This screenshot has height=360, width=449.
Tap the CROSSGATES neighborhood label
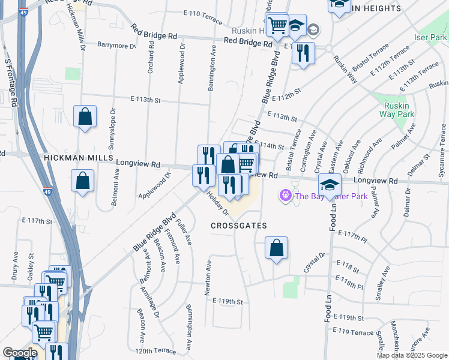coord(238,226)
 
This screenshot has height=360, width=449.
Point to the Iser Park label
coord(430,37)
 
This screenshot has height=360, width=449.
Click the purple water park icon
coord(285,195)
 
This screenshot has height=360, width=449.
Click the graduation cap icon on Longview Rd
coord(330,184)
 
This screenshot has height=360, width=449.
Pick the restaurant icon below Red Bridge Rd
coord(303,53)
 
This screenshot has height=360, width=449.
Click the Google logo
coord(20,353)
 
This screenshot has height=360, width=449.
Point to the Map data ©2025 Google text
coord(412,355)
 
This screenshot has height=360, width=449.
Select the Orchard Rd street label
coord(150,58)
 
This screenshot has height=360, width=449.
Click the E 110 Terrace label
coord(203,14)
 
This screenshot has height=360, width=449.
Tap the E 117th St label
coord(37,221)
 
